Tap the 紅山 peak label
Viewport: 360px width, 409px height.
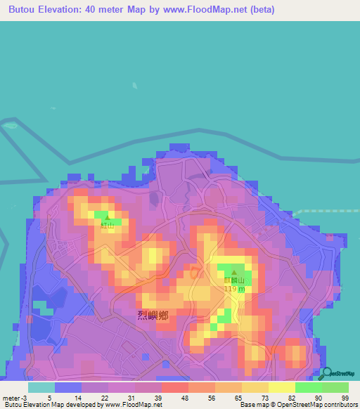[x=107, y=225]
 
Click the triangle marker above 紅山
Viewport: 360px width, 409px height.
[x=107, y=217]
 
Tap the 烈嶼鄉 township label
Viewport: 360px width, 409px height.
[x=153, y=315]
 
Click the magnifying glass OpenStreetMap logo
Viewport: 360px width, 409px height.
[x=326, y=373]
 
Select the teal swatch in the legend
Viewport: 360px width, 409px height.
[x=41, y=387]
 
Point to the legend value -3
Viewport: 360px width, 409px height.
[x=25, y=398]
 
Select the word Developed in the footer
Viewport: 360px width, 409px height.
[x=79, y=405]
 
